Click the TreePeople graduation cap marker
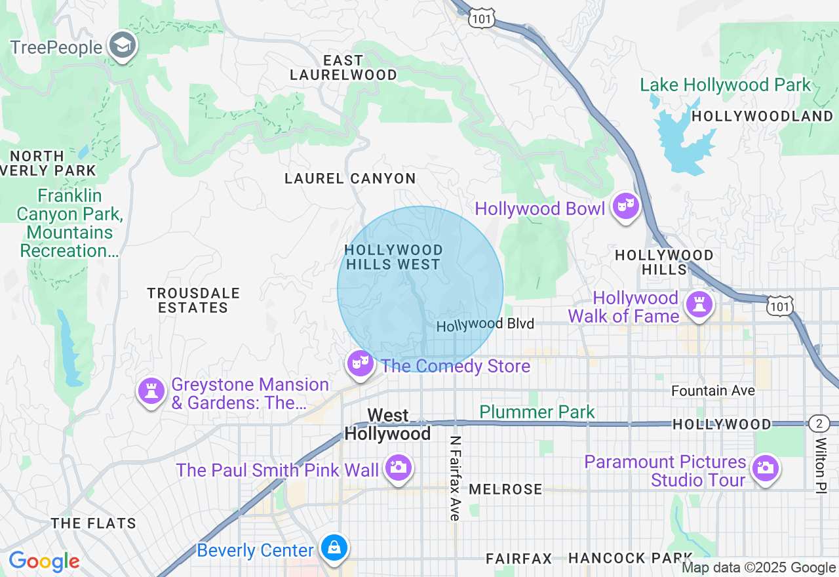[x=123, y=46]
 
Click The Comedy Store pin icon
[x=360, y=363]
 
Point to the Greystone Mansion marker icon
[x=151, y=392]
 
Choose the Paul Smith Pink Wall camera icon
[x=398, y=468]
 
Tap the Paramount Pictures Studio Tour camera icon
[x=765, y=468]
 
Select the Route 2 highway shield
[x=819, y=423]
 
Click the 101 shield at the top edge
[x=481, y=19]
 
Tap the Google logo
[x=44, y=562]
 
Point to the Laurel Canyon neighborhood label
[x=350, y=178]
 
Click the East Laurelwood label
[x=343, y=68]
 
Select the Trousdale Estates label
[x=193, y=300]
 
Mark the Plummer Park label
[x=537, y=412]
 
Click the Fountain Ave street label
[x=713, y=391]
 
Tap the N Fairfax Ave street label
[x=455, y=478]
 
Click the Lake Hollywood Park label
[x=725, y=85]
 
